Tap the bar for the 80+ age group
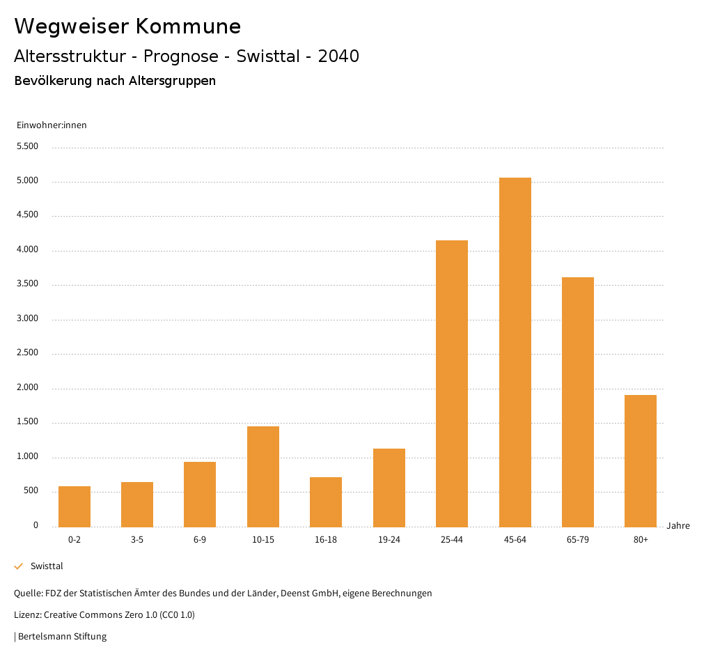(641, 460)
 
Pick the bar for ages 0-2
(75, 506)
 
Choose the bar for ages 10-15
(263, 476)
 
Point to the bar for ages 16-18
(326, 502)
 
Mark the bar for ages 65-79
(578, 402)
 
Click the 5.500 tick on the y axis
(27, 147)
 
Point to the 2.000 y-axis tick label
(27, 388)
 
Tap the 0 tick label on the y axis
(36, 526)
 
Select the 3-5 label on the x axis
(137, 540)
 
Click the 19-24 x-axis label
(389, 540)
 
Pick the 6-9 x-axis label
(200, 540)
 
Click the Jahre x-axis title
(678, 526)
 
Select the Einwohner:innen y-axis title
(52, 125)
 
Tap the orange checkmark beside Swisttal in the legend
(19, 566)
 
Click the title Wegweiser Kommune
(127, 26)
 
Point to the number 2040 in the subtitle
(338, 56)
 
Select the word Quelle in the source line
(27, 594)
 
